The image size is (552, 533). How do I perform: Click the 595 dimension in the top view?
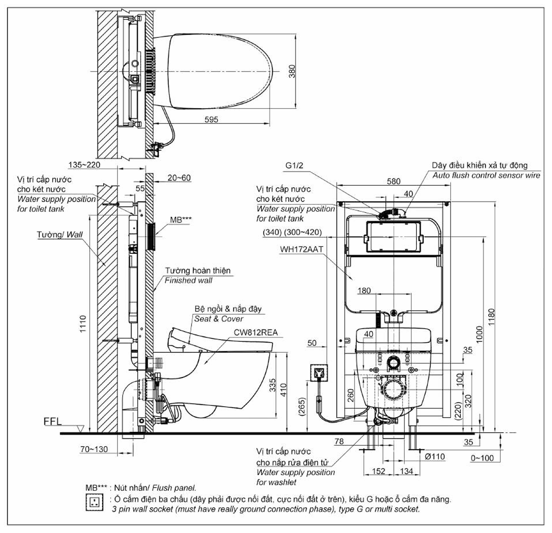tap(211, 120)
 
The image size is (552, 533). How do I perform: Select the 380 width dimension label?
tap(292, 71)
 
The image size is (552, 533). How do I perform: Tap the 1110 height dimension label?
tap(83, 324)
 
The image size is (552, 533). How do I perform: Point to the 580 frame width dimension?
tap(394, 181)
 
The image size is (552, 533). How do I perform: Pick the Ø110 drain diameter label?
tap(435, 457)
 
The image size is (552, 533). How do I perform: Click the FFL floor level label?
tap(52, 422)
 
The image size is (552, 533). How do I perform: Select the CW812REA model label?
tap(255, 332)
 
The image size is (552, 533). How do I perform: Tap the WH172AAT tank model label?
tap(301, 249)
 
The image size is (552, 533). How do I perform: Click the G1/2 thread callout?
tap(294, 165)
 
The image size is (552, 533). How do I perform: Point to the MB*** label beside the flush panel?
tap(181, 220)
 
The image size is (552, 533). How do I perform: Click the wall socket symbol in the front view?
tap(319, 373)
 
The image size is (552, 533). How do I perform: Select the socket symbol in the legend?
tap(94, 502)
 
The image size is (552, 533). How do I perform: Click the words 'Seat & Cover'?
tap(218, 319)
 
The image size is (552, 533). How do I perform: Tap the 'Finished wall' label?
tap(189, 281)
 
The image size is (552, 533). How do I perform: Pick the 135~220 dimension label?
tap(84, 165)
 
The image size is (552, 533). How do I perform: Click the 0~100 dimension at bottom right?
tap(482, 458)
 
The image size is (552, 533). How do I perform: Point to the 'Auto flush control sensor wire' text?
tap(486, 175)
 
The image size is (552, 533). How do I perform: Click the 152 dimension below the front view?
tap(379, 471)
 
